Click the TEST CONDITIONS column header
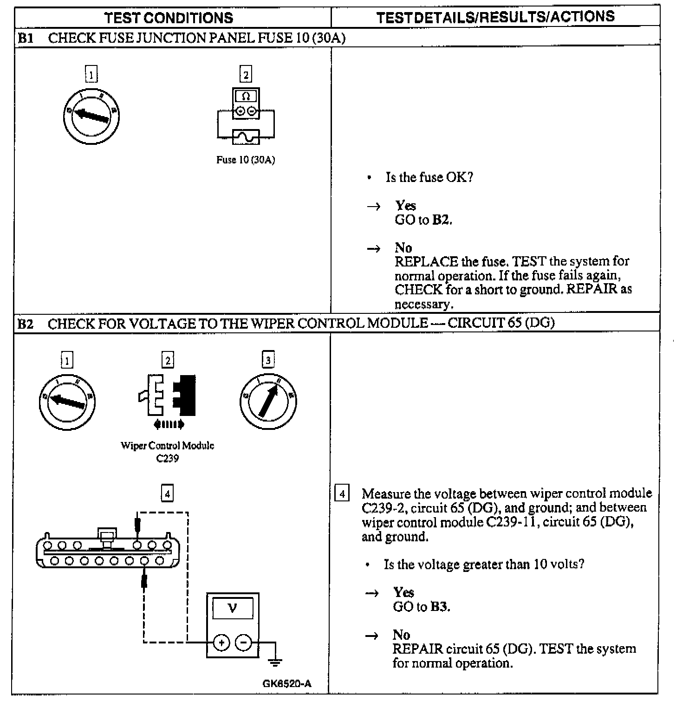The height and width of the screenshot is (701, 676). [169, 18]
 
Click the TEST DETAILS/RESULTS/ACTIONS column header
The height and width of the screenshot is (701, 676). [495, 17]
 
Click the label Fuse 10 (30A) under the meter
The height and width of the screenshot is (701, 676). [246, 160]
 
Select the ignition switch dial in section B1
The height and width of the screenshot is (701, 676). [91, 116]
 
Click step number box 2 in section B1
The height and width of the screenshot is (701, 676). [246, 74]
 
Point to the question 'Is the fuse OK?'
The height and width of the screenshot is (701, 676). [429, 177]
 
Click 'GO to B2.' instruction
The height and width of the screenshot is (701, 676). [423, 220]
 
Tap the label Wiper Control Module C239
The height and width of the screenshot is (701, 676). [168, 452]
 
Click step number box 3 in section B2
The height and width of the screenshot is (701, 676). [268, 360]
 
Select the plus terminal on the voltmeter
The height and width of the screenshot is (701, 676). [222, 643]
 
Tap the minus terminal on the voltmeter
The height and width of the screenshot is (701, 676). [244, 643]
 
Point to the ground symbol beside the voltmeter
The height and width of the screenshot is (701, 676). [275, 662]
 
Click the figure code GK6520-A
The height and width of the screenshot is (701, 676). [286, 683]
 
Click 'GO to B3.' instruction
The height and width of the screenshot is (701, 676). [422, 607]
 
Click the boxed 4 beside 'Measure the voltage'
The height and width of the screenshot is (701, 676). [342, 493]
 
